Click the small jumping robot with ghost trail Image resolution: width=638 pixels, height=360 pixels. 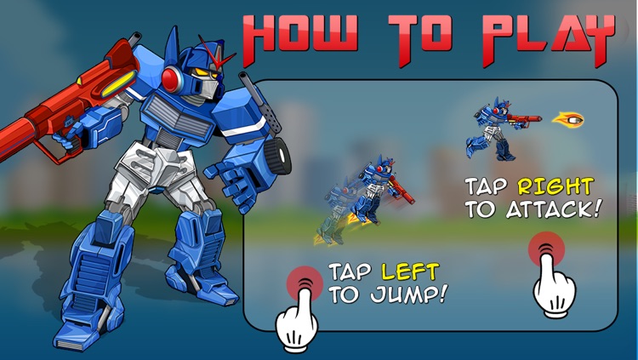pyautogui.click(x=373, y=191)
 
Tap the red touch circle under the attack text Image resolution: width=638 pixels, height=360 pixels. pyautogui.click(x=545, y=249)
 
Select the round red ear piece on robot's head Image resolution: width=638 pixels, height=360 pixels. pyautogui.click(x=172, y=80)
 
